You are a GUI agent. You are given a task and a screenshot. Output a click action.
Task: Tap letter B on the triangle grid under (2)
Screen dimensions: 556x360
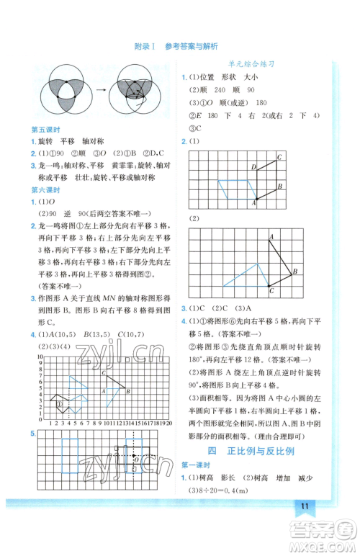click(294, 271)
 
